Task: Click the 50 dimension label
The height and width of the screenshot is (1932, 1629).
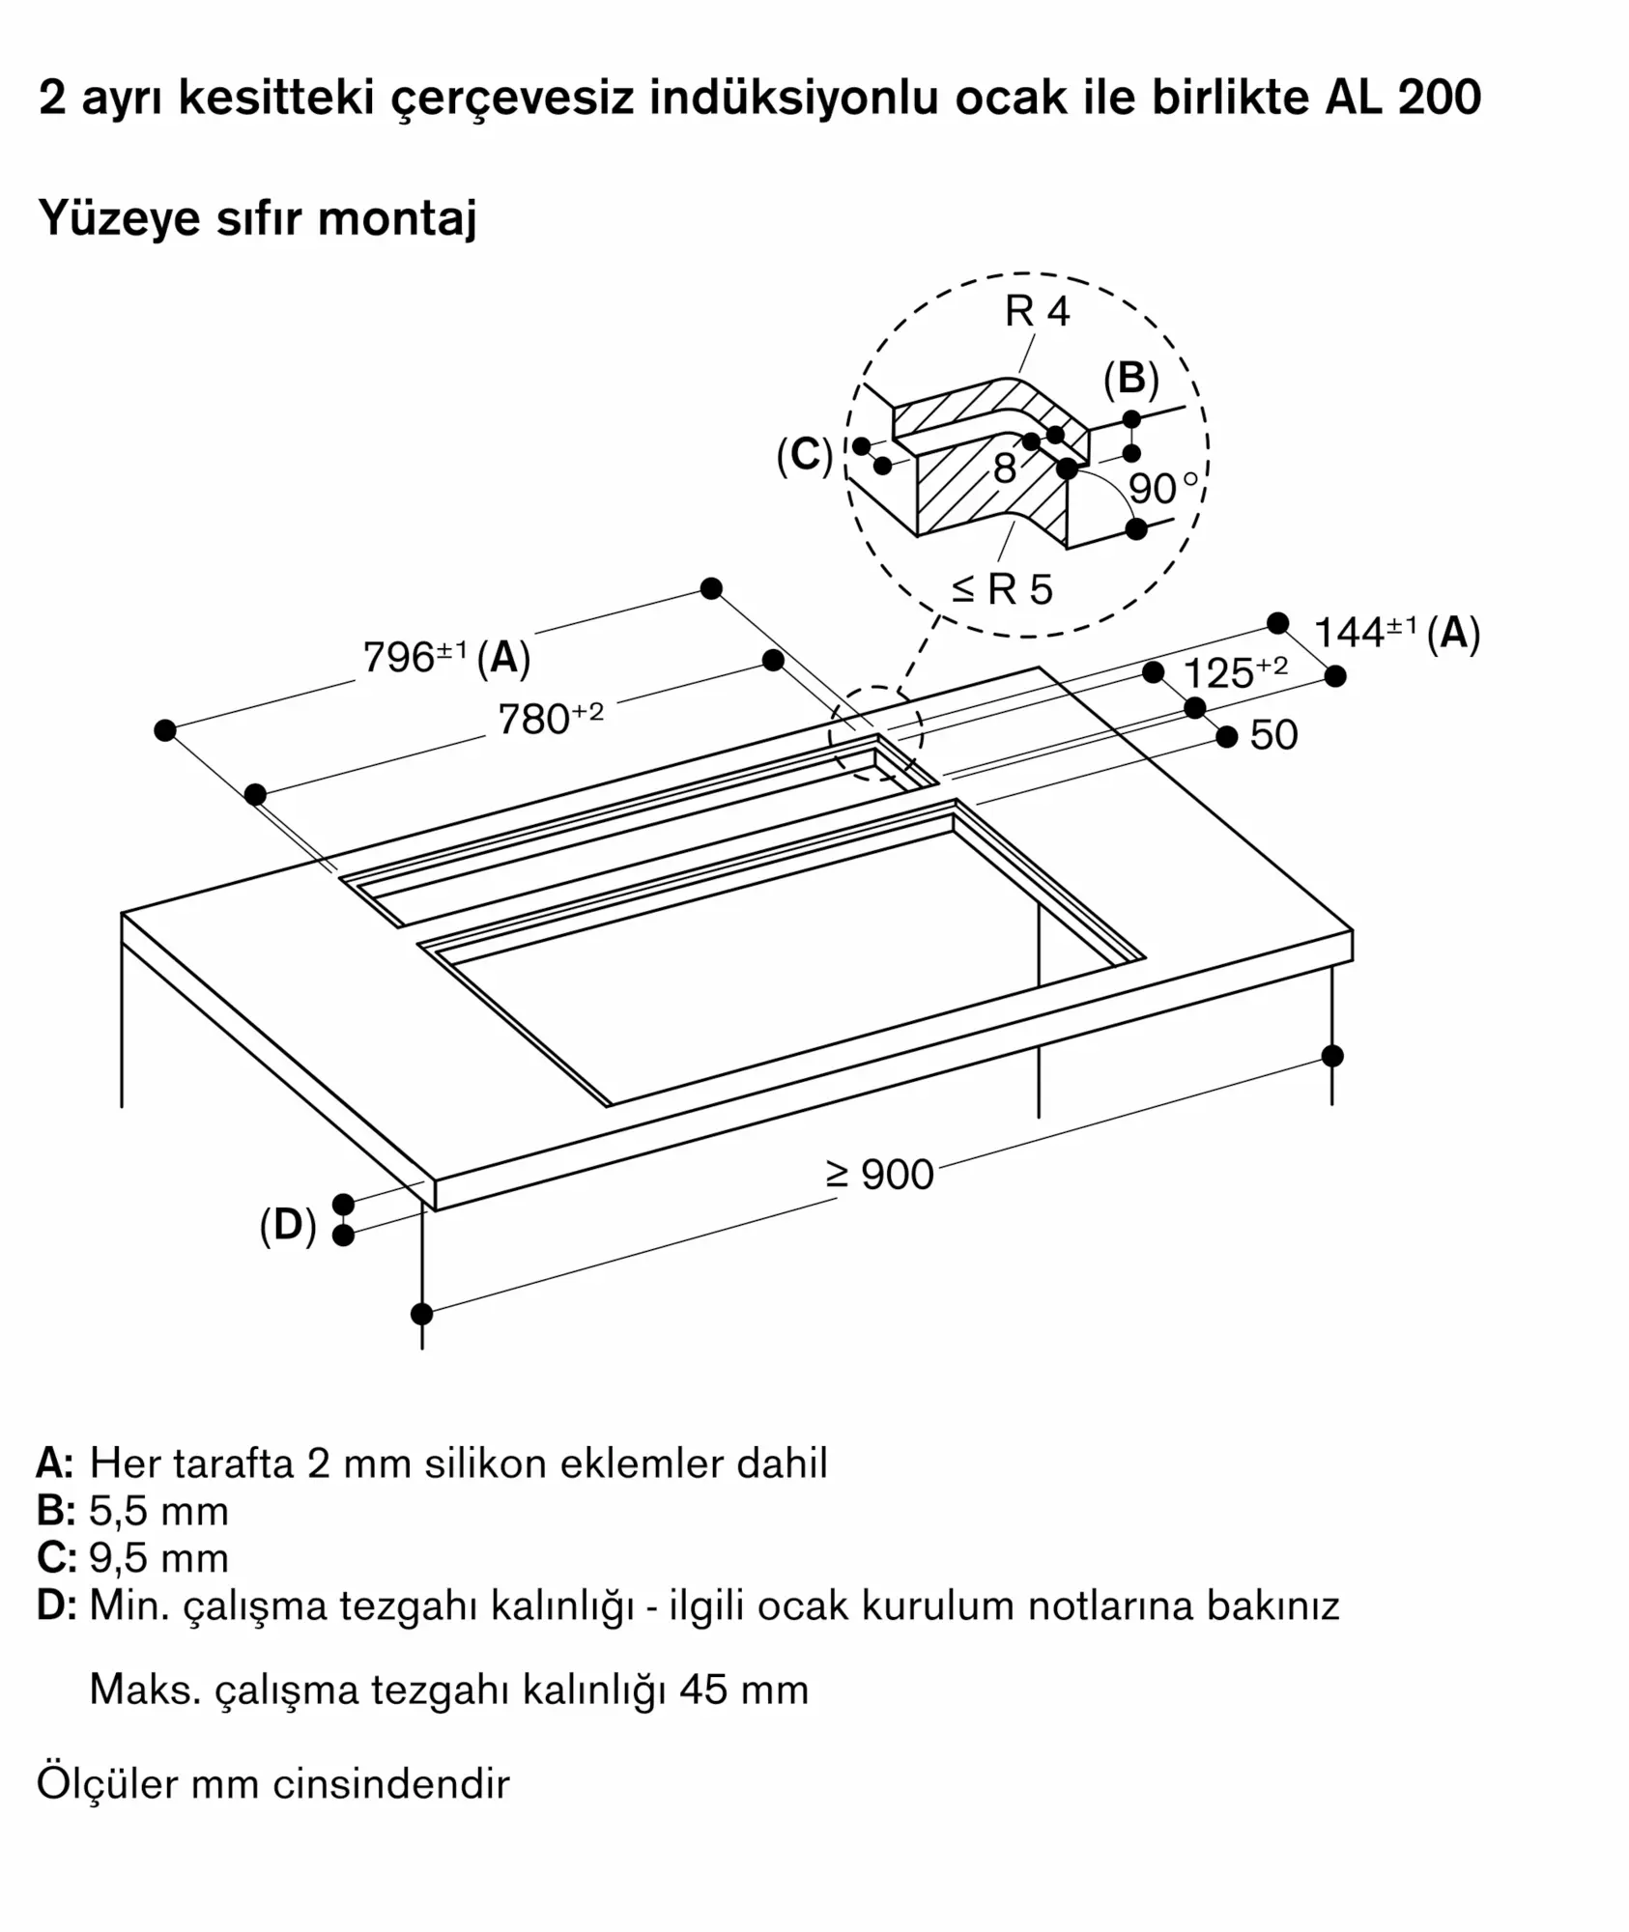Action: click(x=1272, y=735)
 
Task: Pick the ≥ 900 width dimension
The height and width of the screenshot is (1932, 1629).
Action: click(x=879, y=1175)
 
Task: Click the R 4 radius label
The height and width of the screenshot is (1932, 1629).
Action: click(x=1037, y=311)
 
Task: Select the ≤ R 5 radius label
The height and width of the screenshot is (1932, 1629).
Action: click(x=1001, y=588)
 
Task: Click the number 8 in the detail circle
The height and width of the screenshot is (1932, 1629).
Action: click(x=1005, y=469)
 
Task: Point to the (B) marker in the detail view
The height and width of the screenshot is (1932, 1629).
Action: click(x=1130, y=379)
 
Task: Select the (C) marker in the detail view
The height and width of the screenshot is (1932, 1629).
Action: click(x=804, y=455)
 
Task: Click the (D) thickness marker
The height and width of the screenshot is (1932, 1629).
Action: click(x=288, y=1225)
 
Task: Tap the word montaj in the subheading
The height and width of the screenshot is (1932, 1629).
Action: click(x=397, y=218)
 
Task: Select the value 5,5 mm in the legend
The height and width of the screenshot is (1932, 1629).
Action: click(x=158, y=1511)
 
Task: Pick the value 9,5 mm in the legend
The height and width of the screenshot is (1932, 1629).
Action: click(x=158, y=1558)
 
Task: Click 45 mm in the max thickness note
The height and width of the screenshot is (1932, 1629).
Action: click(x=743, y=1690)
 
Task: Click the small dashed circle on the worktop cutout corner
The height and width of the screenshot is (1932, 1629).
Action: click(x=875, y=734)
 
